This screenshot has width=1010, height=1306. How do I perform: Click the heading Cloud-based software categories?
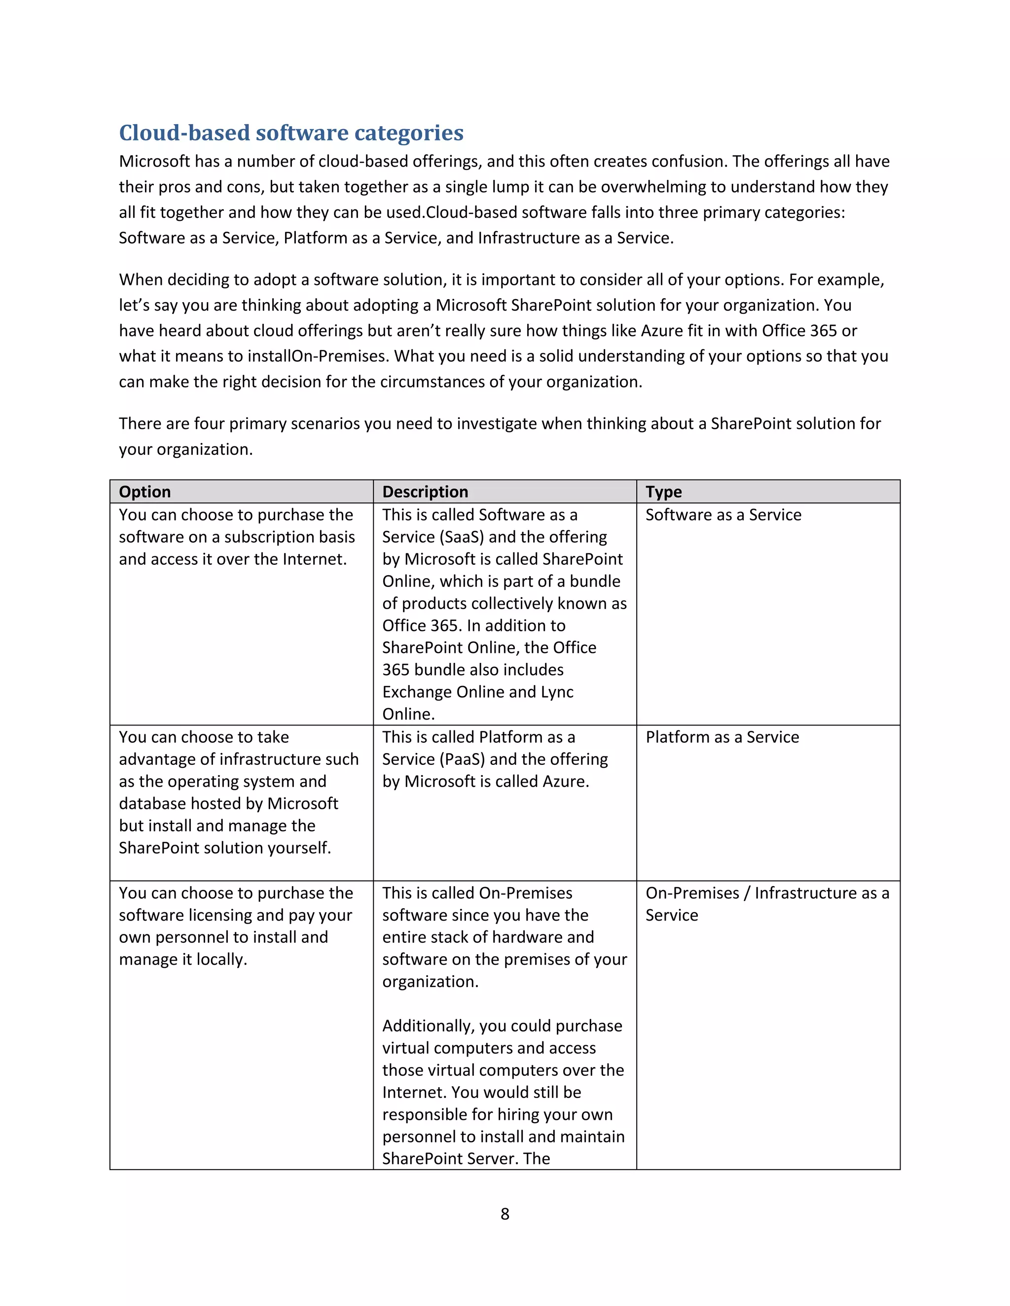pyautogui.click(x=291, y=133)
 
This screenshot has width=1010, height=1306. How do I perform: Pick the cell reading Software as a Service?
pyautogui.click(x=723, y=515)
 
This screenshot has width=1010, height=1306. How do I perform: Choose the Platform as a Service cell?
pyautogui.click(x=721, y=737)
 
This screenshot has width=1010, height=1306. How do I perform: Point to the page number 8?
pyautogui.click(x=505, y=1214)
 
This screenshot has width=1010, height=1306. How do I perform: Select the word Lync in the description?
pyautogui.click(x=556, y=692)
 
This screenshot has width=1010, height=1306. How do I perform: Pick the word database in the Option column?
pyautogui.click(x=152, y=804)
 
